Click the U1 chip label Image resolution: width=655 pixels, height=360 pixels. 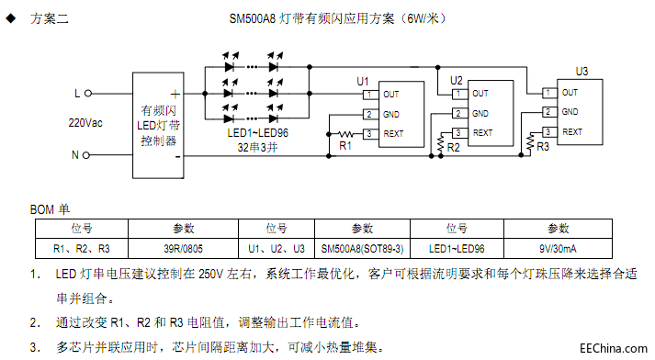coord(363,82)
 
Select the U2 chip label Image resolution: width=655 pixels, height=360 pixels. coord(457,81)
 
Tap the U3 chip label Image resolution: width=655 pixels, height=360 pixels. coord(582,71)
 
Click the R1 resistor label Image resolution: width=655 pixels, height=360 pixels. coord(345,145)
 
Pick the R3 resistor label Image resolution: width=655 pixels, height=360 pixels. coord(543,146)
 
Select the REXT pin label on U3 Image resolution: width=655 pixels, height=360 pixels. coord(572,131)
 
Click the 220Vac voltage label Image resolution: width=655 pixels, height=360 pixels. coord(85,122)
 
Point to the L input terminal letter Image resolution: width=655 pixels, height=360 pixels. coord(77,93)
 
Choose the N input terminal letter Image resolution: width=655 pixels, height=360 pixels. coord(75,154)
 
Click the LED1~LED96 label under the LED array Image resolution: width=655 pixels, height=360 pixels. coord(257,132)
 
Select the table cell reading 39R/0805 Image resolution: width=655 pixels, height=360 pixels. coord(184,248)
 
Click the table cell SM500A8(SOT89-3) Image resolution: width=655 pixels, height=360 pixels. coord(364,248)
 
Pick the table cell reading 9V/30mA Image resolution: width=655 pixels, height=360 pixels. coord(558,248)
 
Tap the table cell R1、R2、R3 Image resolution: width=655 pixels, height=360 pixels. coord(82,248)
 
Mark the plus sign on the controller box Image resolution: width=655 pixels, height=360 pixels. coord(174,94)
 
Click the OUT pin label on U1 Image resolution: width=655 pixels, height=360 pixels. coord(391,95)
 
